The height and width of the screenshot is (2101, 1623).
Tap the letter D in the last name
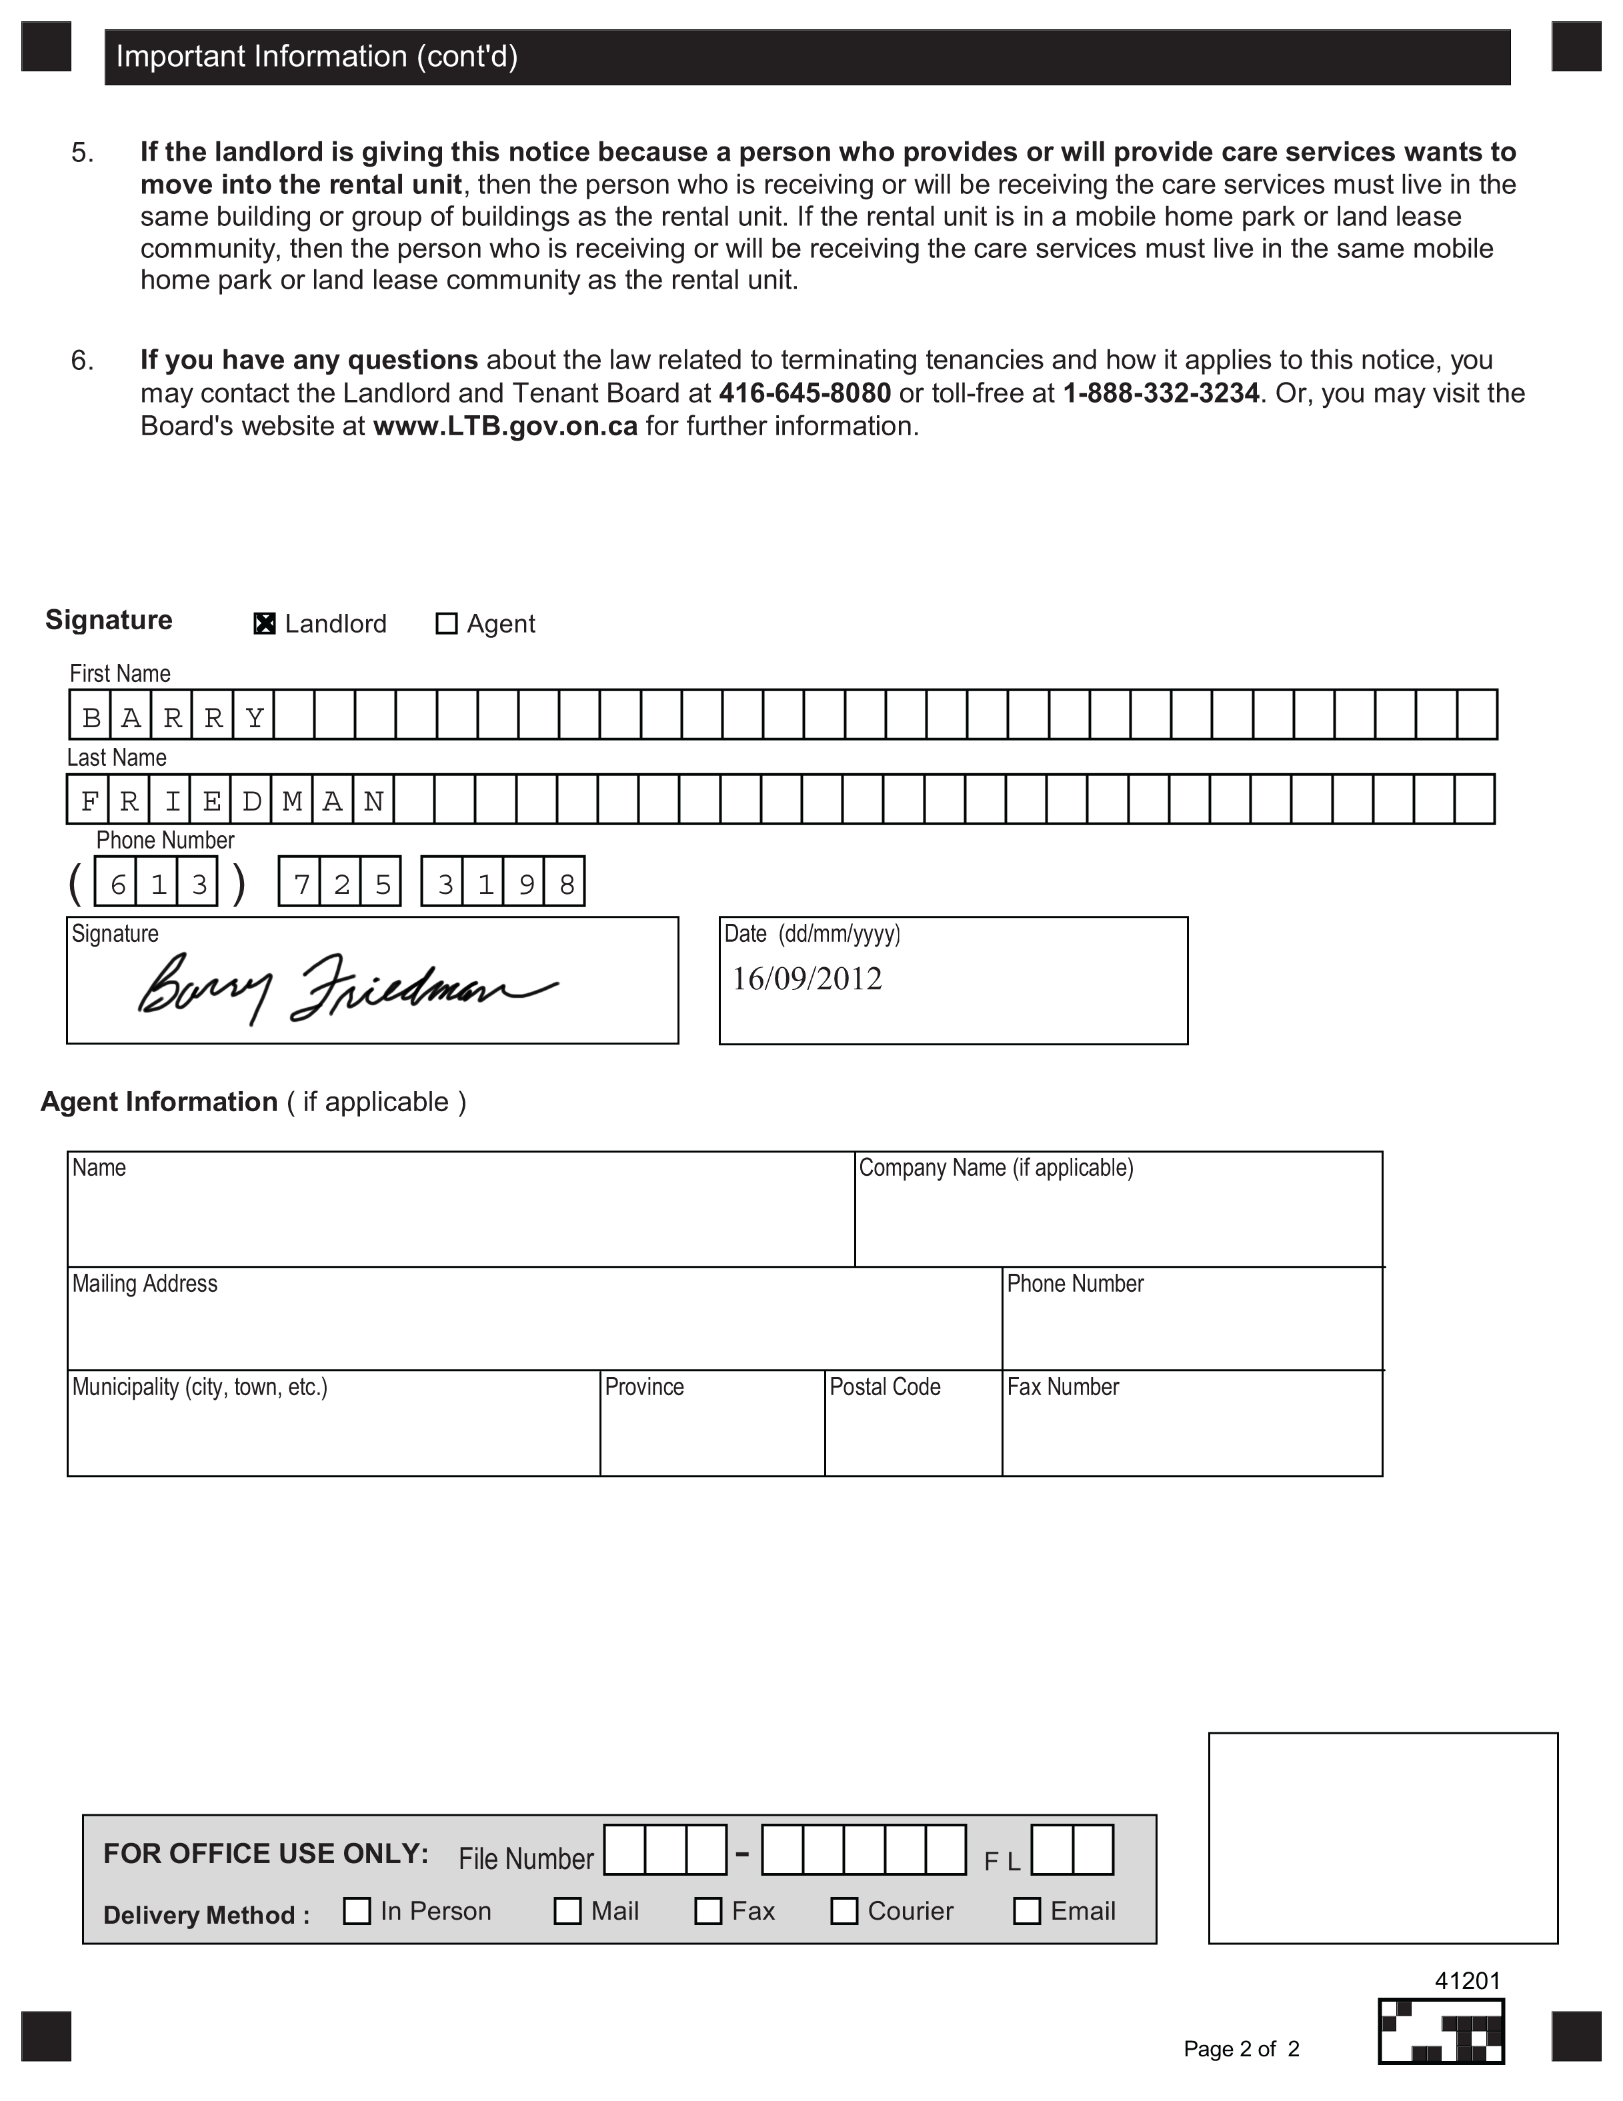251,801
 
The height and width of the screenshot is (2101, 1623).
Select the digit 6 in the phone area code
117,883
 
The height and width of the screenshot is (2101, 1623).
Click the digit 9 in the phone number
526,883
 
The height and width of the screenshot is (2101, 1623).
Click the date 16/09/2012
807,979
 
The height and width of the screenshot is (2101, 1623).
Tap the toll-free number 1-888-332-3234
1160,393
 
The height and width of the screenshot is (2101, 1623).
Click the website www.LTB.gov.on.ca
505,426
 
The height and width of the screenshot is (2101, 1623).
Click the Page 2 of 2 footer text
1241,2048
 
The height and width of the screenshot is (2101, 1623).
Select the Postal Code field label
885,1386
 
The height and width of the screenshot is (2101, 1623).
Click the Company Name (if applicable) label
996,1167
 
